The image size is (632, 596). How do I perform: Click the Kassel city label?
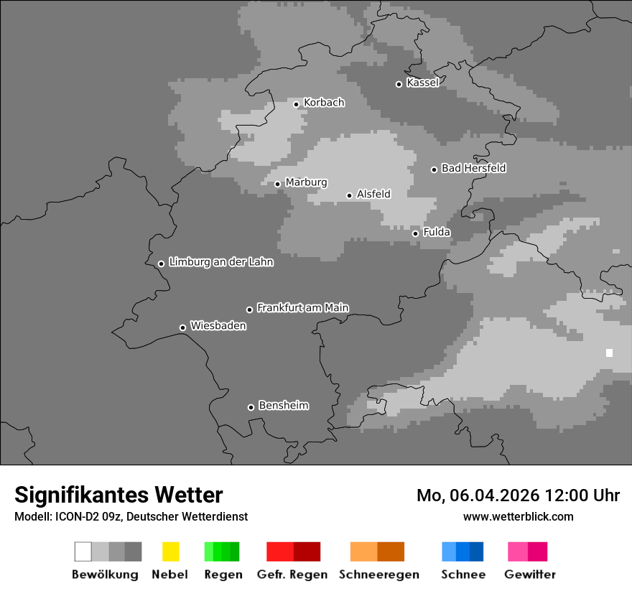(x=422, y=83)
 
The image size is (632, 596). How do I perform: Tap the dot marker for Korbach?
(x=296, y=104)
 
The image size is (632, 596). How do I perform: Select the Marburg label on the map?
(x=306, y=182)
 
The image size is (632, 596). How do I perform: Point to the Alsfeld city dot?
(x=349, y=195)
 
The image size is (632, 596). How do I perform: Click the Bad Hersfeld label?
(x=473, y=168)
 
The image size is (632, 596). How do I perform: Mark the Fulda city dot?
(x=415, y=233)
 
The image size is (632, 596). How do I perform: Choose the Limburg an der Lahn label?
(x=220, y=262)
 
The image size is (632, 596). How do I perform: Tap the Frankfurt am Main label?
(x=302, y=307)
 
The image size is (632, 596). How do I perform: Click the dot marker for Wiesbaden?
(x=182, y=327)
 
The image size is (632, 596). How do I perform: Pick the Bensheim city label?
(x=283, y=406)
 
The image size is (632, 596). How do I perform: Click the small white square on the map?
(x=609, y=353)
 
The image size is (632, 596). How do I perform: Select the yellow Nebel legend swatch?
(x=170, y=551)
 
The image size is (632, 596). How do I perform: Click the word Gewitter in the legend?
(x=529, y=574)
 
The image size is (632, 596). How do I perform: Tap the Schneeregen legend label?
(x=378, y=574)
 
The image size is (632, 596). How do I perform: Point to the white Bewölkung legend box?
(x=83, y=551)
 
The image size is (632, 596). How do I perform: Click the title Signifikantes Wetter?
(x=118, y=495)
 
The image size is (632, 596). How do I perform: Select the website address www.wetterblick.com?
(x=518, y=516)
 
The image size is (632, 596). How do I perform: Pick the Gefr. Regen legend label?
(x=292, y=574)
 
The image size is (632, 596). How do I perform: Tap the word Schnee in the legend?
(x=463, y=574)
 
